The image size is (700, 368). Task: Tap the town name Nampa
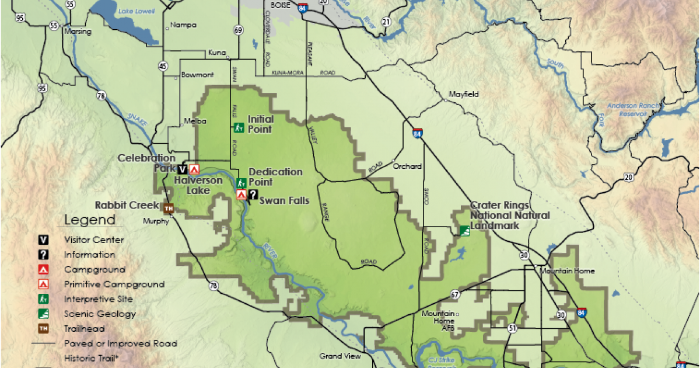184,25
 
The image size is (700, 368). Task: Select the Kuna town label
216,53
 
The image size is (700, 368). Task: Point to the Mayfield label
463,94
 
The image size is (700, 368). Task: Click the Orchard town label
407,166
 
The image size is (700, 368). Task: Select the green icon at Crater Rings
464,231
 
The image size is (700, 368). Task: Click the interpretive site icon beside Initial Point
239,127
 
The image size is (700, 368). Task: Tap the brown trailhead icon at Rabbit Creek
169,208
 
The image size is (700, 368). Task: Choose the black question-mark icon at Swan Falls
253,195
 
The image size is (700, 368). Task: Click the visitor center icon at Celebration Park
183,169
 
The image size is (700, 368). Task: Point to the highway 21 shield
386,22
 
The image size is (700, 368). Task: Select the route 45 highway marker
163,65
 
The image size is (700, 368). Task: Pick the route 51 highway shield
512,328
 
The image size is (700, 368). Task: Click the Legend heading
90,220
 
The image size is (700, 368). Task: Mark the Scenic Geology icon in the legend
43,314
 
